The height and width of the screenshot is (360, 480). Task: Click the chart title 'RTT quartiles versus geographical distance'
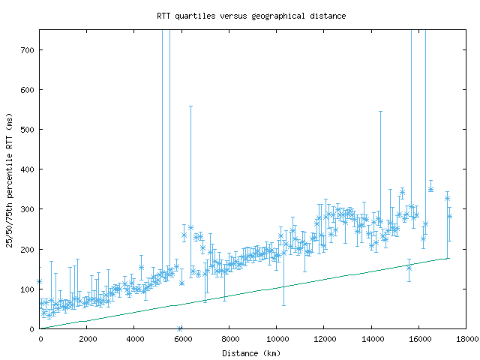pos(251,16)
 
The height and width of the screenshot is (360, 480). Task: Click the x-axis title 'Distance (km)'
pos(251,353)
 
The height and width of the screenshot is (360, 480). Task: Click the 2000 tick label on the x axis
pos(87,339)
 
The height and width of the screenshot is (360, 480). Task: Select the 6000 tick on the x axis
pos(182,339)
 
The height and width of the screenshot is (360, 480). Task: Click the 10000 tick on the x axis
pos(277,339)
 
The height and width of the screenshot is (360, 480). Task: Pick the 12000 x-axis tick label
pos(324,339)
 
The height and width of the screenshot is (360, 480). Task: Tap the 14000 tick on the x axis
pos(371,339)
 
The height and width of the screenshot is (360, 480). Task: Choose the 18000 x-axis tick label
pos(466,339)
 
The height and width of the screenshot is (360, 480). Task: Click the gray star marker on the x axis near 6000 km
pos(179,328)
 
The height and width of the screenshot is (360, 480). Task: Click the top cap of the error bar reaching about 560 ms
pos(190,106)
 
